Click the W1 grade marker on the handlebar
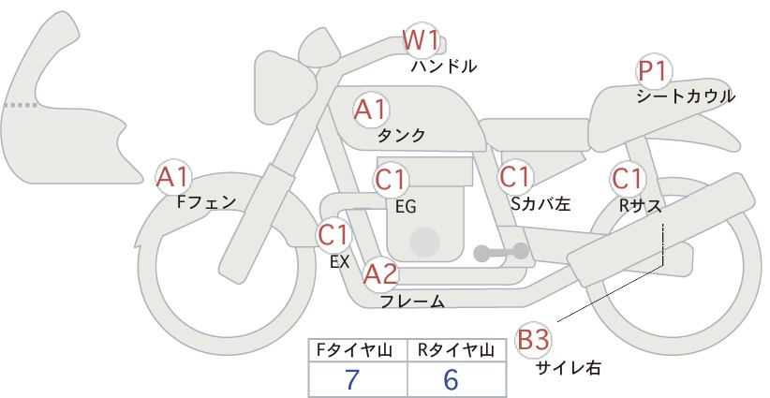coord(421,40)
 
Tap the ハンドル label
coord(444,66)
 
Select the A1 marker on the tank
coord(370,110)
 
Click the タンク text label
coord(401,135)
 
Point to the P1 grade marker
coord(654,72)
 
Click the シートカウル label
coord(686,96)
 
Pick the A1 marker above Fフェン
coord(172,177)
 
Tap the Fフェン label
coord(206,201)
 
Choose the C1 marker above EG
coord(391,180)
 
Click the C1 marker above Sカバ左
coord(515,177)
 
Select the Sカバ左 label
coord(540,203)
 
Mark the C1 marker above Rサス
coord(627,179)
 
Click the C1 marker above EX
coord(333,234)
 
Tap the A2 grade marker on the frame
coord(380,273)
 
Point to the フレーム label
coord(412,301)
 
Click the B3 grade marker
coord(533,340)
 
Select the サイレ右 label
coord(568,367)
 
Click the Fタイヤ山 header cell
coord(358,350)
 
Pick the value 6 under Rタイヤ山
coord(451,379)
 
